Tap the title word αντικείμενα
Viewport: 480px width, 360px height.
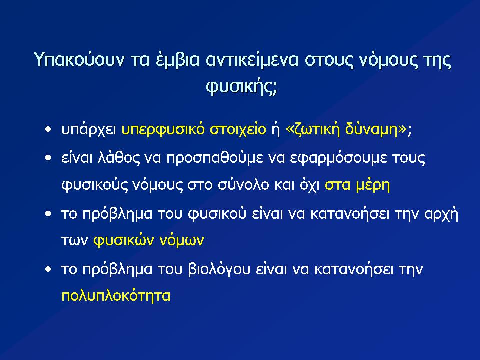pyautogui.click(x=252, y=59)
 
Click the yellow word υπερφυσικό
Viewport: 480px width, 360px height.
pyautogui.click(x=163, y=130)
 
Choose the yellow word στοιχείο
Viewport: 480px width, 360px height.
pyautogui.click(x=238, y=130)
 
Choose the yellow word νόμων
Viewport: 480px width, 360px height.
pyautogui.click(x=182, y=240)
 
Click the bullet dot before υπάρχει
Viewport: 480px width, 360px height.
pyautogui.click(x=48, y=130)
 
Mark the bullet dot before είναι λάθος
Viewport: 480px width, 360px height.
pyautogui.click(x=48, y=158)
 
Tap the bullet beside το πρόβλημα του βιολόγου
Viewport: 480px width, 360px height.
pyautogui.click(x=48, y=269)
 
